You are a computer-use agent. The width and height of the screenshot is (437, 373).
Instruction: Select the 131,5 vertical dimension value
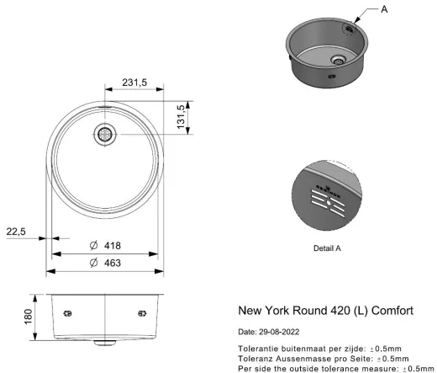click(x=181, y=118)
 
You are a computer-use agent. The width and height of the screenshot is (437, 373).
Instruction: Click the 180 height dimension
click(x=28, y=316)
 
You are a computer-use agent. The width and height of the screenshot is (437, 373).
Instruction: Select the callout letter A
click(x=384, y=10)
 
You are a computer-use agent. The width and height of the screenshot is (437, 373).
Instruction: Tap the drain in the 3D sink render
click(x=338, y=60)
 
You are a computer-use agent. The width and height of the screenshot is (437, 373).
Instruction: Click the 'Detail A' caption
click(x=327, y=248)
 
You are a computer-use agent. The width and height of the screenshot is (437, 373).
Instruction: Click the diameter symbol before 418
click(x=94, y=245)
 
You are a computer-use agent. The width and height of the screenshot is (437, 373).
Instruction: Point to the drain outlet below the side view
click(x=106, y=344)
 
